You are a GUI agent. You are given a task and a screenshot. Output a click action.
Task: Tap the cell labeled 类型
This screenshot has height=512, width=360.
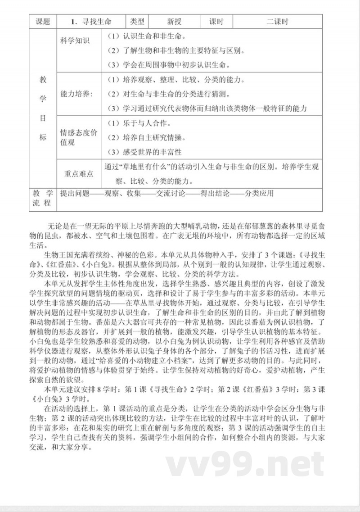point(137,22)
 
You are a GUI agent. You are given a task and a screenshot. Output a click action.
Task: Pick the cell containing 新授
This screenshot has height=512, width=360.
point(174,22)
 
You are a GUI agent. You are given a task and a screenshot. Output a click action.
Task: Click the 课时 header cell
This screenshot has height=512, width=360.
point(216,22)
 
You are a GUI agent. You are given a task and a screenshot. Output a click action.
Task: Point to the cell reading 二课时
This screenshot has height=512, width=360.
point(277,22)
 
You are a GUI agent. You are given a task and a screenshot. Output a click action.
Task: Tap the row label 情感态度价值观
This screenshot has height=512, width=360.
point(78,137)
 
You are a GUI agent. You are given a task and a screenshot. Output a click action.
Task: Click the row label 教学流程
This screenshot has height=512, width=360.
point(43,199)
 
